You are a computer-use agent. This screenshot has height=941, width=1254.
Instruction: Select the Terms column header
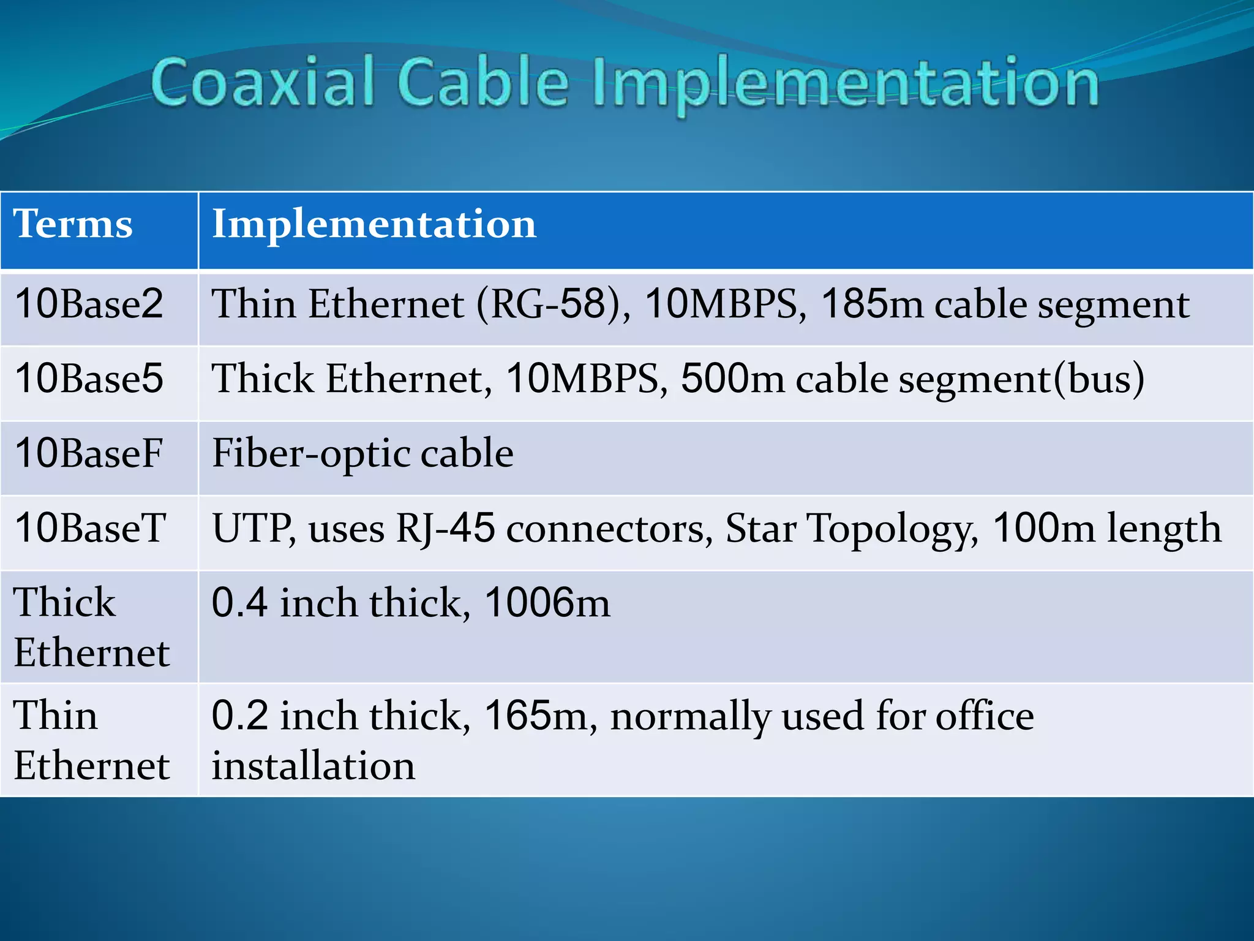click(73, 224)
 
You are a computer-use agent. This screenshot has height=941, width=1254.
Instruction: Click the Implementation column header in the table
click(374, 224)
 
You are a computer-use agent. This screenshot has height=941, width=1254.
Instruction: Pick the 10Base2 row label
click(89, 304)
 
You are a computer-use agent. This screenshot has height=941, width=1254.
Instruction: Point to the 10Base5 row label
click(89, 379)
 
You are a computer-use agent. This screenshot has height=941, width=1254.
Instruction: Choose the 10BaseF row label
click(89, 453)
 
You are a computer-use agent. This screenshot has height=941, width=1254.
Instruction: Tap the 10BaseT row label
click(90, 528)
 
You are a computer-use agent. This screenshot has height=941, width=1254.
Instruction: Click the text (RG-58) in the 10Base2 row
click(552, 304)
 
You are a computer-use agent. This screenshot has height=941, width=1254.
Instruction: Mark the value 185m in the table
click(872, 304)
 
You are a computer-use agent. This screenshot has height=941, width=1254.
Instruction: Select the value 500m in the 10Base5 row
click(732, 379)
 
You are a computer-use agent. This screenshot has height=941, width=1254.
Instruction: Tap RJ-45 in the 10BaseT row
click(445, 529)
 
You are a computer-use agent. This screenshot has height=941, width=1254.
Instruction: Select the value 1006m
click(547, 603)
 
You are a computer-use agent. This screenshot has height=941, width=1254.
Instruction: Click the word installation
click(313, 766)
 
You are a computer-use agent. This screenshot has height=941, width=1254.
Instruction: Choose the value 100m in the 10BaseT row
click(1043, 528)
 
